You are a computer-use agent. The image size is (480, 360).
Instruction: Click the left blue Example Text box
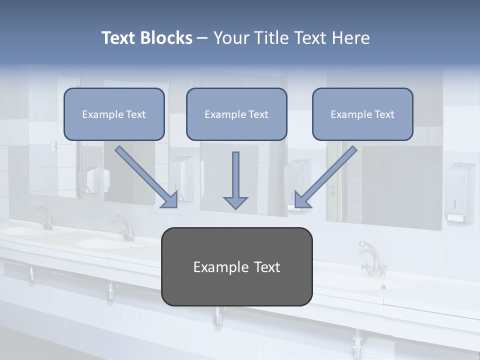click(114, 114)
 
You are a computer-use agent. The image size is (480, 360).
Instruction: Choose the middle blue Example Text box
click(236, 114)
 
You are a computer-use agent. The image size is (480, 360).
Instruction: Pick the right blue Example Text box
click(362, 114)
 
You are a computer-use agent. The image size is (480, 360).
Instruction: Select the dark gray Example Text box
click(236, 267)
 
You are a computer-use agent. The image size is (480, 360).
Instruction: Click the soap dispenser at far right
click(460, 192)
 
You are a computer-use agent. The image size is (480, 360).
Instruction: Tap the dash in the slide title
click(202, 38)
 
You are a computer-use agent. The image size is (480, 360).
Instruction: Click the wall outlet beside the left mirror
click(55, 146)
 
